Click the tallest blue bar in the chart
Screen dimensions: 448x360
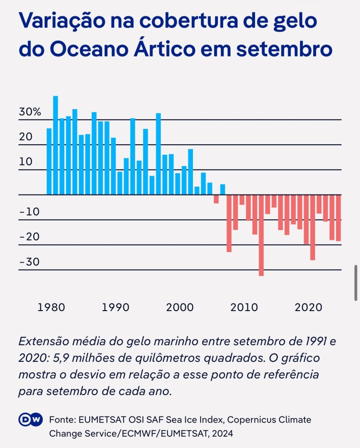click(x=56, y=144)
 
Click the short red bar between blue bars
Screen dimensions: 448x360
click(x=216, y=199)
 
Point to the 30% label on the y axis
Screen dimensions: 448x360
click(x=30, y=112)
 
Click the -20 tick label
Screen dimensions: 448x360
click(x=29, y=237)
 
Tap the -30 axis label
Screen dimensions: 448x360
click(x=29, y=262)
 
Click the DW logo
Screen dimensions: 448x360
click(x=30, y=420)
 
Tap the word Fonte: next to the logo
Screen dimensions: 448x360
click(x=62, y=420)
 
